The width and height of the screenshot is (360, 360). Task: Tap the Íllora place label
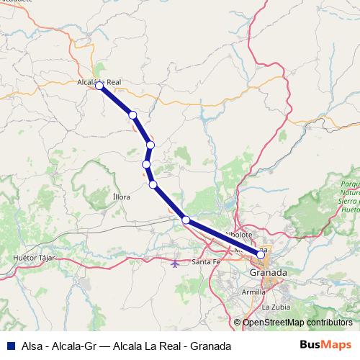tap(122, 196)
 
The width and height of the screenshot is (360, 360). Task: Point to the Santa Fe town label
tap(206, 261)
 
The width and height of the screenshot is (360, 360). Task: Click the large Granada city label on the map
tap(268, 274)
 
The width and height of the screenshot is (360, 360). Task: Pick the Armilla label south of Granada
tap(253, 292)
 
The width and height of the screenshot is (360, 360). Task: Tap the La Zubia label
tap(276, 307)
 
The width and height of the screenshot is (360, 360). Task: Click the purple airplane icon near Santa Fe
tap(176, 262)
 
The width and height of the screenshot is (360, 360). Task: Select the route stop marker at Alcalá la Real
tap(100, 86)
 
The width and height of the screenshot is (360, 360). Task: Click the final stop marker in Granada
tap(261, 254)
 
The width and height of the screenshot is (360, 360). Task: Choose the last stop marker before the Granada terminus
tap(186, 220)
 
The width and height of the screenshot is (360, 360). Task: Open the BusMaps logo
tap(325, 345)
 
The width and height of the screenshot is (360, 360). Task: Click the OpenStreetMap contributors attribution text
tap(297, 322)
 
